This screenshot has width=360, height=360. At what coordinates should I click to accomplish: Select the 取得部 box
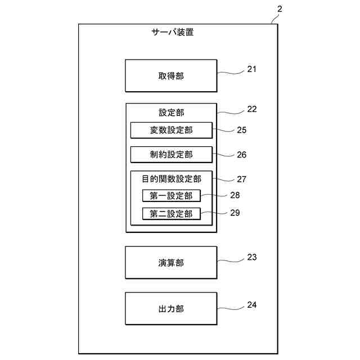pos(171,76)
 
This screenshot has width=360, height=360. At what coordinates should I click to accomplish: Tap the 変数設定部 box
pos(171,130)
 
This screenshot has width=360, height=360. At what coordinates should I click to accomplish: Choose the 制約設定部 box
pos(171,154)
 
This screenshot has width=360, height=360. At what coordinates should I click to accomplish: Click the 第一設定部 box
pos(171,196)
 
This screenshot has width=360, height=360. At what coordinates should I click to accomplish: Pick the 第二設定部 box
pos(171,214)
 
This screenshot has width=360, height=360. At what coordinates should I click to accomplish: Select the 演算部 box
pos(171,263)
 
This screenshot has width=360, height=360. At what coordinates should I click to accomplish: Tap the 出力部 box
pos(171,309)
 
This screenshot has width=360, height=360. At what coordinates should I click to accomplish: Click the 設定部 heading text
pos(171,112)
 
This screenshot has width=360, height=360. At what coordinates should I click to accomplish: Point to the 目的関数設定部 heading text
pos(171,179)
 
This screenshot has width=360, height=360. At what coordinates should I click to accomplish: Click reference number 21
pos(251,70)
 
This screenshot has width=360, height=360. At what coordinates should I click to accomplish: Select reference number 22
pos(251,109)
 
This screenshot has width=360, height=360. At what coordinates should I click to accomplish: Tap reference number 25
pos(241,130)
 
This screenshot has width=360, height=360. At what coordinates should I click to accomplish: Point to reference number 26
pos(241,154)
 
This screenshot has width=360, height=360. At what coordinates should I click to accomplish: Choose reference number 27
pos(241,179)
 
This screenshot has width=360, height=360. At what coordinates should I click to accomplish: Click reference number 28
pos(235,195)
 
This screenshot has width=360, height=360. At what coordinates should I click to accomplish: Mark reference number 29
pos(235,213)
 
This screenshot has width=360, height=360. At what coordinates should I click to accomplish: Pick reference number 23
pos(251,257)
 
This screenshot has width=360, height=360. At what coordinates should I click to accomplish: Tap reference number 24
pos(251,305)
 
